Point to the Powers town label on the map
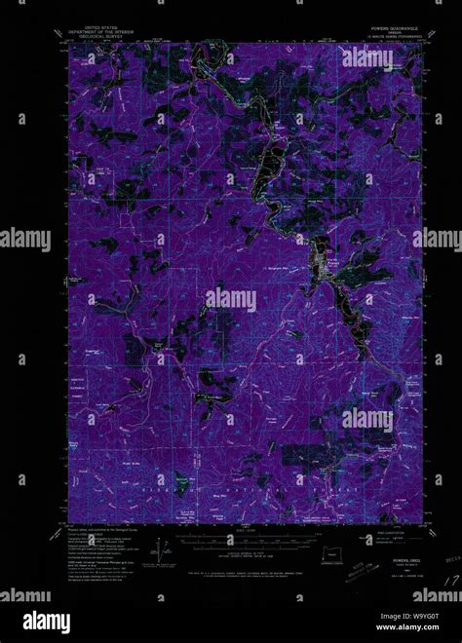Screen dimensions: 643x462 (x=332, y=259)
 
